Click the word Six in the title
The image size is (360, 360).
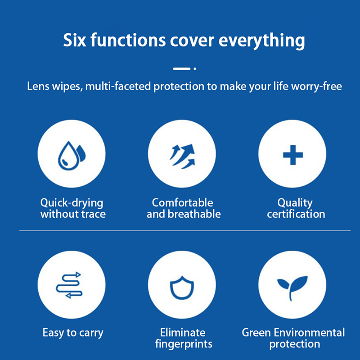(x=74, y=40)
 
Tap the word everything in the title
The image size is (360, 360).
(x=262, y=41)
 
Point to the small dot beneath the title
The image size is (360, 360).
(x=195, y=69)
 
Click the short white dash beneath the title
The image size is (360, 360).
(x=182, y=69)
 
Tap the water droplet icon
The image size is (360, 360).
(x=72, y=156)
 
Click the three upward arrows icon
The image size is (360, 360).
(x=183, y=156)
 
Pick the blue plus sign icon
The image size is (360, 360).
(x=293, y=155)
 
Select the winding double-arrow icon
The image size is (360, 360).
(x=69, y=285)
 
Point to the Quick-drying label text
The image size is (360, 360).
(x=72, y=203)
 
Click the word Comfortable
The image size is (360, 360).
(x=183, y=203)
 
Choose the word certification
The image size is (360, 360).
(x=296, y=214)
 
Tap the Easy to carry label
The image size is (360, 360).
(x=73, y=333)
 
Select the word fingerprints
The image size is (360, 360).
(x=184, y=344)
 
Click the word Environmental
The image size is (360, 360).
(x=309, y=333)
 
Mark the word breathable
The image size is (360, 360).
(x=194, y=214)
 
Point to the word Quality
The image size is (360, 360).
(x=295, y=203)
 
